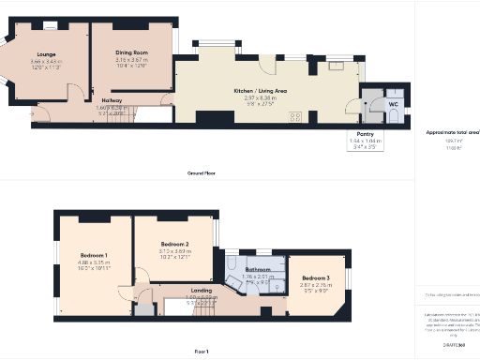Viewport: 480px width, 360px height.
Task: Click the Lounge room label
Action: pos(46,54)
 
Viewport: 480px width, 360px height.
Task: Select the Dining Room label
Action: pos(132,52)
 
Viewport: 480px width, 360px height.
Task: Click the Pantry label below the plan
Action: pos(360,133)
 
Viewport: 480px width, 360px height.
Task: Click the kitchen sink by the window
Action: pos(335,66)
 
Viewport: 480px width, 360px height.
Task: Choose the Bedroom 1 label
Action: pos(94,256)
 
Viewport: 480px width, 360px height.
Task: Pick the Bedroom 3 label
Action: pos(316,277)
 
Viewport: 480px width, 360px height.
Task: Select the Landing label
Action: pos(202,292)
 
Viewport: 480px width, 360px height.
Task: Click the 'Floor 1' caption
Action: pos(202,351)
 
